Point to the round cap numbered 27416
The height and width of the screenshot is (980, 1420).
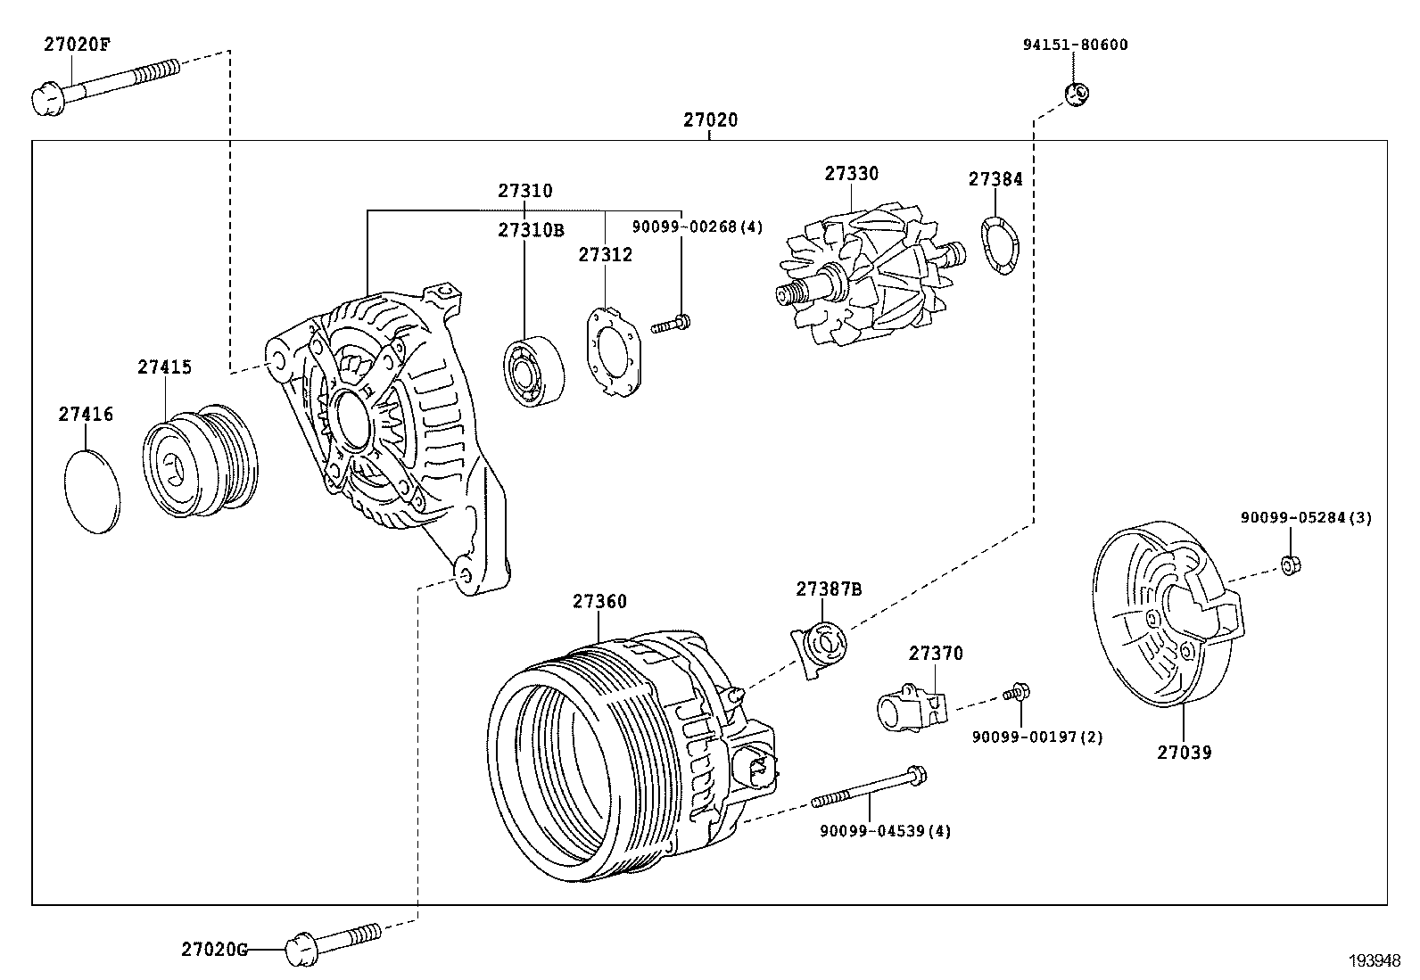point(92,491)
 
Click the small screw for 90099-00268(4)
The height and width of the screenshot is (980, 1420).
point(672,324)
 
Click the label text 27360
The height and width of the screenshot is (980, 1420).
point(599,602)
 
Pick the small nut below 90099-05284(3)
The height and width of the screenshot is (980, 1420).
point(1290,564)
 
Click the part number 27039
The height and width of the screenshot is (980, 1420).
point(1185,753)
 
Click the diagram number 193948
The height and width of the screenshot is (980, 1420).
point(1373,960)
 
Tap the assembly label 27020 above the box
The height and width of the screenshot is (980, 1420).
point(711,120)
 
